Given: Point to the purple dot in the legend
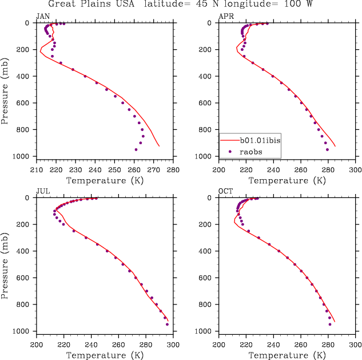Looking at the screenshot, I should [x=230, y=151].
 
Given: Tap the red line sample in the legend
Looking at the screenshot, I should [x=230, y=140].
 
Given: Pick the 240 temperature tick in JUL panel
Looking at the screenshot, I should [x=91, y=345].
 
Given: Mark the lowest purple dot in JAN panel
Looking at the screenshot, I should [x=136, y=149].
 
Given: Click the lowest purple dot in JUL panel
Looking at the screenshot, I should [x=167, y=325].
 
